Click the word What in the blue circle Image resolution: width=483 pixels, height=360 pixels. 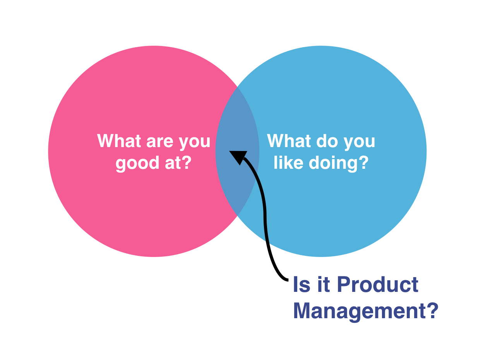click(x=289, y=141)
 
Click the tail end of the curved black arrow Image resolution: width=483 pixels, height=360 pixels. click(x=287, y=279)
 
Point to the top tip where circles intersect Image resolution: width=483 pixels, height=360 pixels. click(x=237, y=87)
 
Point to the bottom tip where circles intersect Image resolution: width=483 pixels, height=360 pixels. click(x=237, y=215)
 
